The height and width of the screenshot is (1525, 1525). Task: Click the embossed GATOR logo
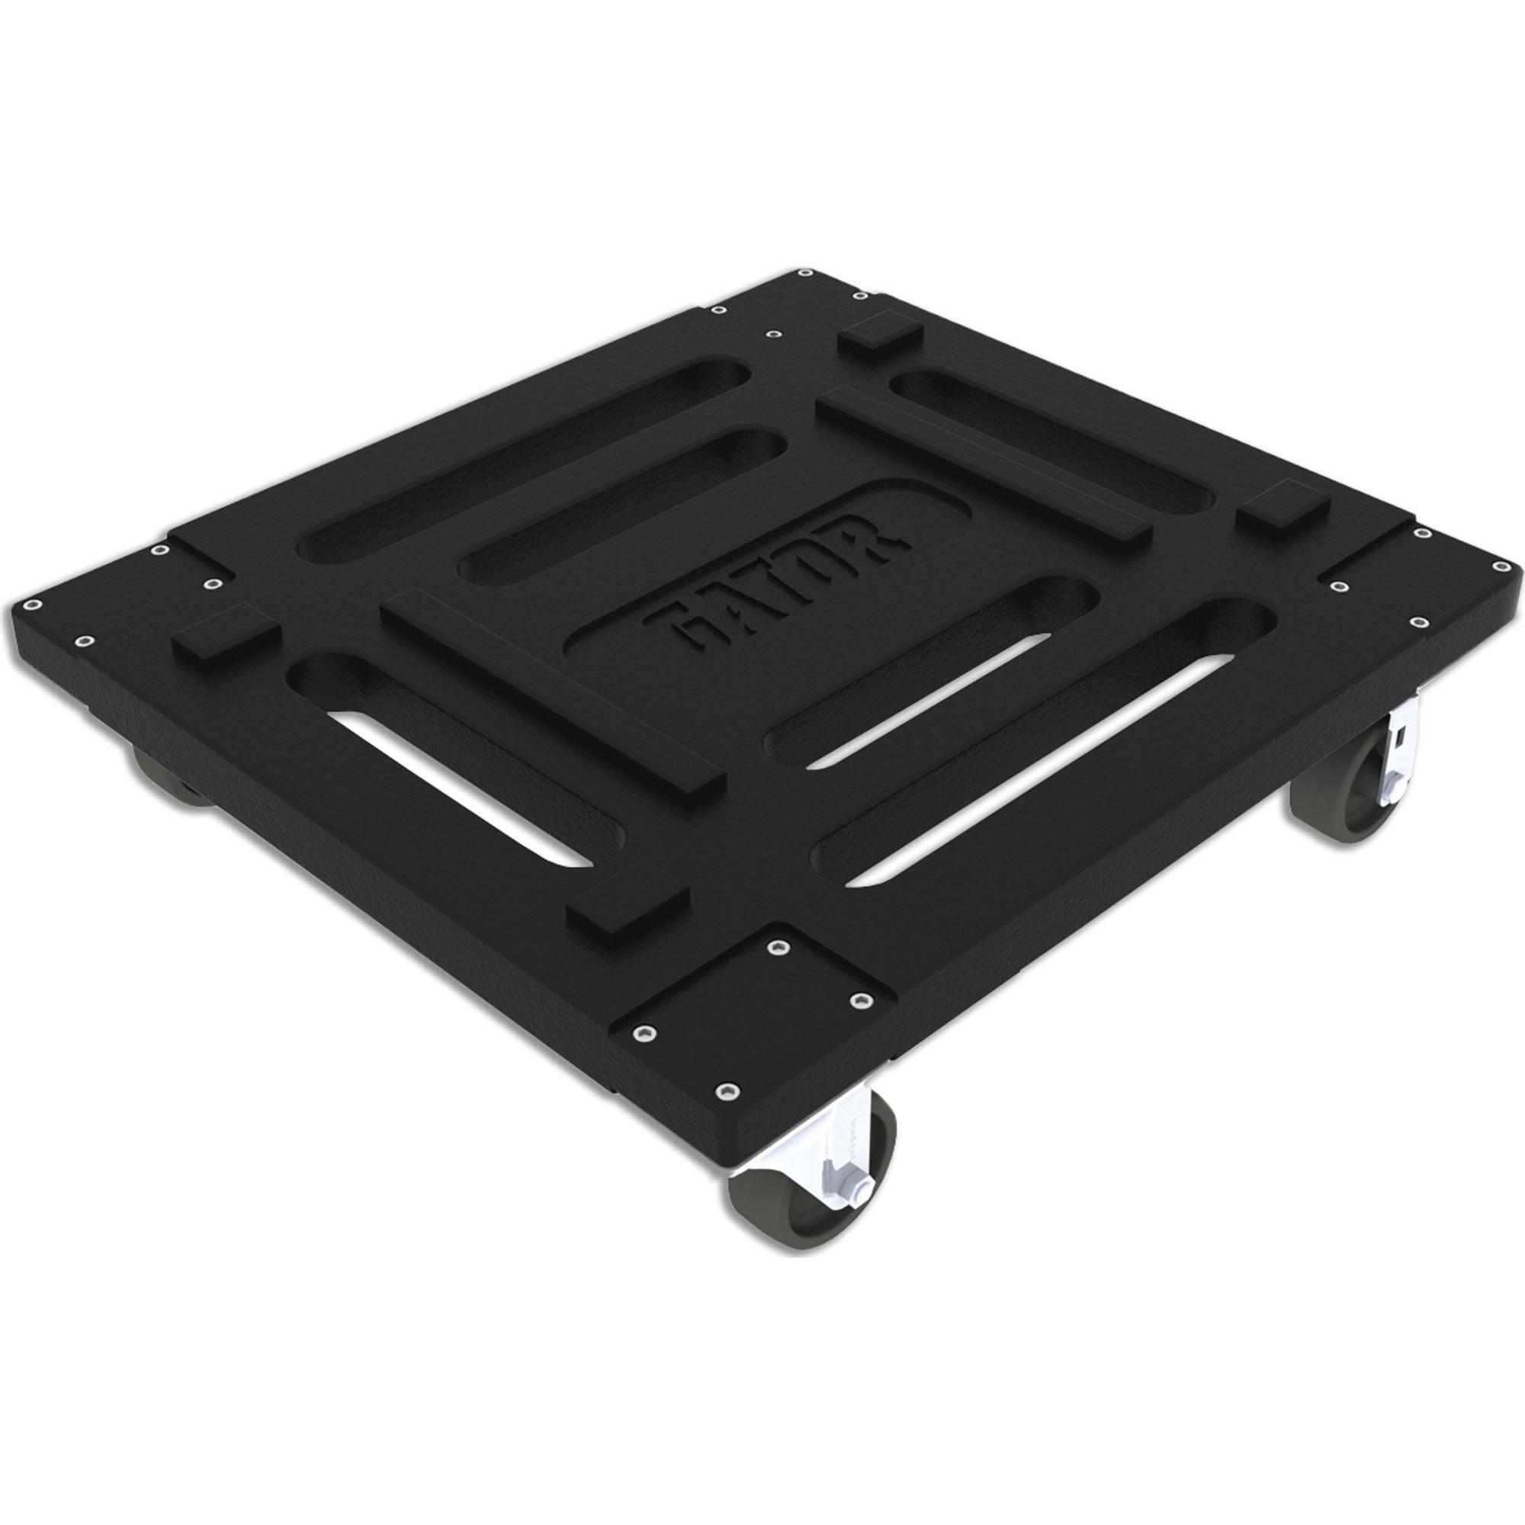point(778,580)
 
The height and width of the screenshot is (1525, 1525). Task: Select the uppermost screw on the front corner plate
point(781,946)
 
